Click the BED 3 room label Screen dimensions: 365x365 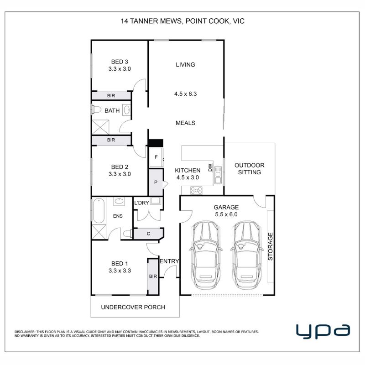tap(120, 62)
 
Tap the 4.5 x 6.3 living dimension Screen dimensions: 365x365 tap(185, 94)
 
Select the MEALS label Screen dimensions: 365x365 tap(185, 123)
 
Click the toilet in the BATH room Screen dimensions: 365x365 tap(96, 109)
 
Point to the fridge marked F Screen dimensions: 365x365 tap(156, 157)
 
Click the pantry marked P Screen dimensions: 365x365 tap(156, 182)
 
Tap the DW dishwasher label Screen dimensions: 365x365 tap(210, 167)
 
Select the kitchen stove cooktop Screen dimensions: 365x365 tap(196, 190)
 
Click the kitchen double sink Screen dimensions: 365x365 tap(218, 175)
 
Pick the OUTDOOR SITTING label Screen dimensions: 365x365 tap(249, 169)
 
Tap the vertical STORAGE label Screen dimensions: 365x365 tap(270, 246)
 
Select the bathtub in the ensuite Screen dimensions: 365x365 tap(99, 211)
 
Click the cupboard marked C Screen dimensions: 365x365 tap(148, 234)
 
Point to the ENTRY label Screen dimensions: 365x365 tap(169, 261)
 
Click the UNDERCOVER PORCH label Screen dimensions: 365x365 tap(133, 307)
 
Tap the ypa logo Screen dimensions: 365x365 tap(323, 331)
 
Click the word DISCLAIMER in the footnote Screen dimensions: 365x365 tap(25, 332)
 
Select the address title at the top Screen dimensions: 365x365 tap(182, 21)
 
